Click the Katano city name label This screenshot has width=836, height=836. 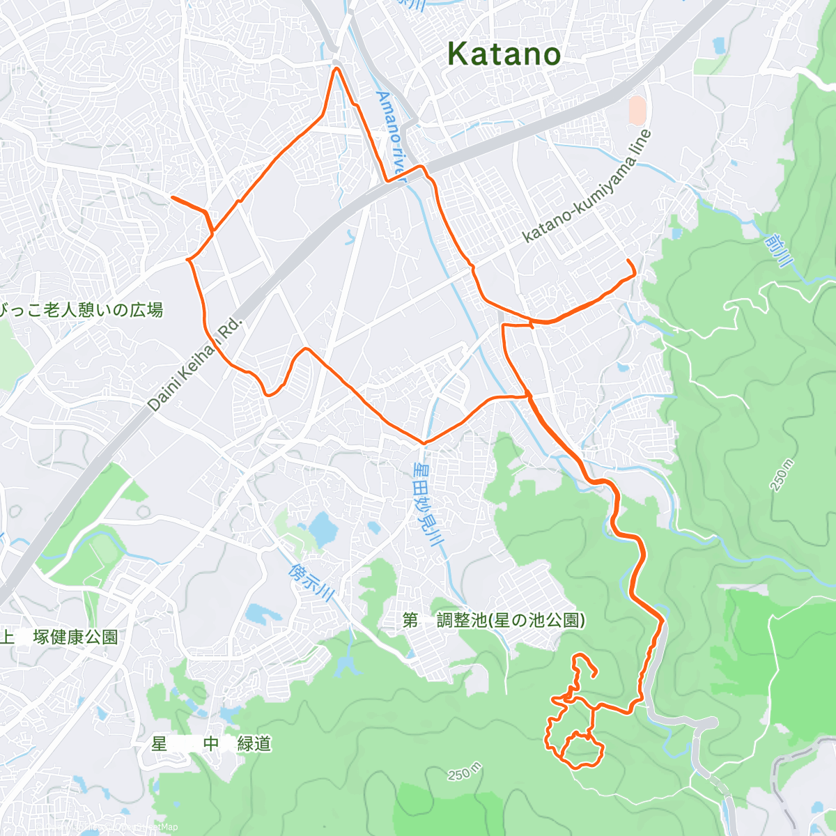pos(504,54)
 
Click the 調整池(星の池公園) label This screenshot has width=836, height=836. pos(511,620)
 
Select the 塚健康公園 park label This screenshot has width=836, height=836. pos(77,637)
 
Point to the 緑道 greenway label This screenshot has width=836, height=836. pos(254,744)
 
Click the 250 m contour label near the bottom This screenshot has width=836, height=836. pos(465,773)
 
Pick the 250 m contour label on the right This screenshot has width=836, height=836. pos(782,475)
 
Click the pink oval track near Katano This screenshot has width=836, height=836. pos(637,111)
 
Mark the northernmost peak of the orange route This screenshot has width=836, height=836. pos(336,68)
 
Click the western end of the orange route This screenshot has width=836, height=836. pos(173,198)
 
